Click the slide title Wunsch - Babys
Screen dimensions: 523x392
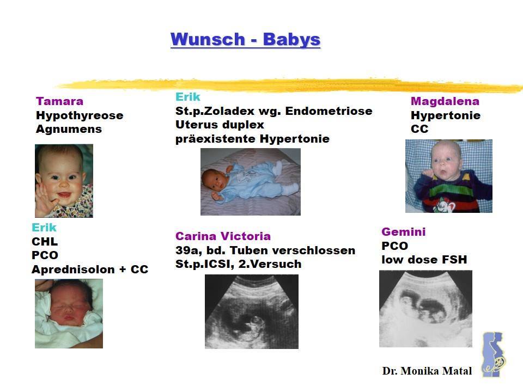245,39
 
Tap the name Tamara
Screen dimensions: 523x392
60,101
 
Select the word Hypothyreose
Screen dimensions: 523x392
80,115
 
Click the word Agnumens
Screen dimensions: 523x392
69,130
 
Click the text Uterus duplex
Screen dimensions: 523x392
220,125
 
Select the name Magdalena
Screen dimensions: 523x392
445,101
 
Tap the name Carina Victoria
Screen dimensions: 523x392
223,236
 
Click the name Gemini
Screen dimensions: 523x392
404,232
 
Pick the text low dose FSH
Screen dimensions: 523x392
424,260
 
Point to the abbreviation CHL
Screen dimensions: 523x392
45,241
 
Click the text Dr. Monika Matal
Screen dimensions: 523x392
427,371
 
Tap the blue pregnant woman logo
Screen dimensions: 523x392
494,354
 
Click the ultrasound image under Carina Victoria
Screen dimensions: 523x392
252,311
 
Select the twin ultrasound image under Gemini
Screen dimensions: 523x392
425,309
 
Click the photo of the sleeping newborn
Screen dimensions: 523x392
69,314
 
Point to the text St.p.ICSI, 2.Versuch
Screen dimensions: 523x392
239,264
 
